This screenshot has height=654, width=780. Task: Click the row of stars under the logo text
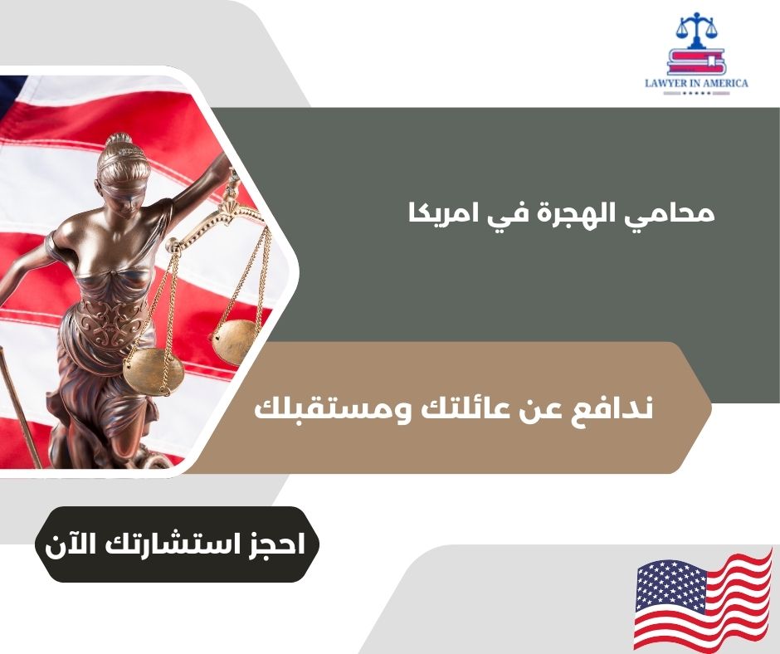(696, 94)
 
